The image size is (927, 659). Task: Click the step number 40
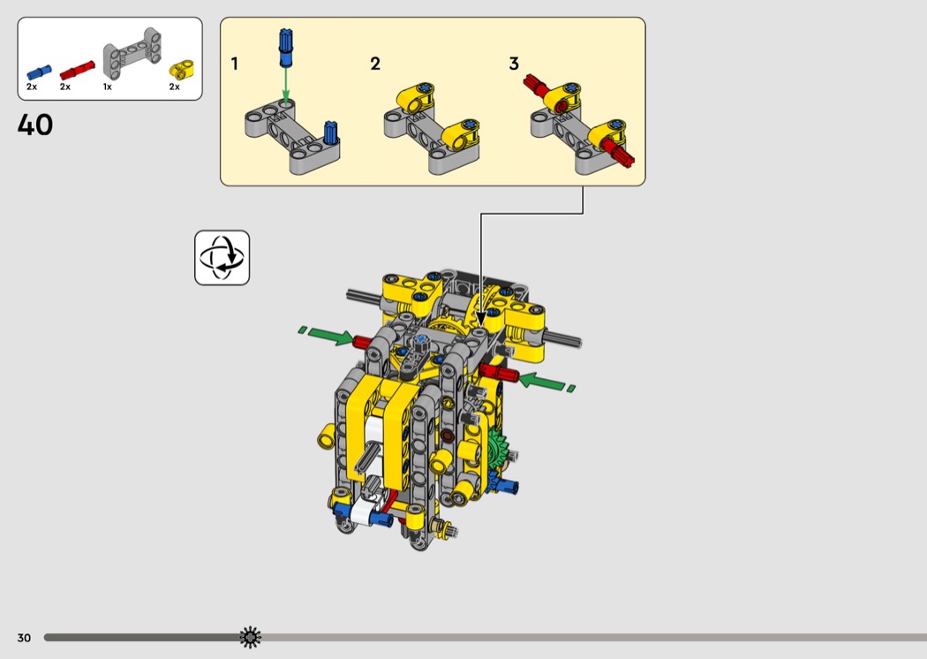pos(35,125)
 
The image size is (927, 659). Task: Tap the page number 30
pos(24,638)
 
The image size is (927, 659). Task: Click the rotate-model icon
pos(222,258)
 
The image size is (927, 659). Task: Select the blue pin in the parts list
pos(39,72)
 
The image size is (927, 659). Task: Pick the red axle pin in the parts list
pos(77,70)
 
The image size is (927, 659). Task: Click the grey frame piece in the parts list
pos(132,53)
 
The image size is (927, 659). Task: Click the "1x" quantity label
pos(107,87)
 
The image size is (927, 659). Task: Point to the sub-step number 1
pos(235,64)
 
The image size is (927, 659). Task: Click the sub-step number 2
pos(375,64)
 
